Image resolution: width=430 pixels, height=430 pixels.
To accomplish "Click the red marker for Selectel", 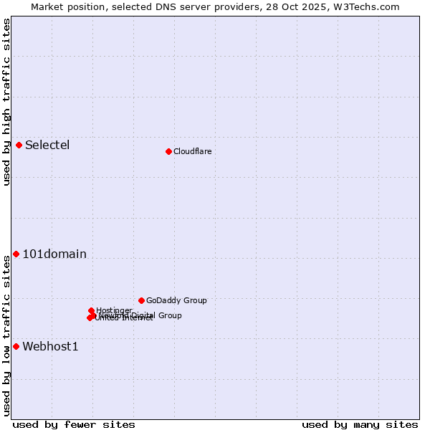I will pyautogui.click(x=19, y=145).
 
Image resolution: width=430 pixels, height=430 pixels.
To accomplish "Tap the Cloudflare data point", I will pyautogui.click(x=168, y=151).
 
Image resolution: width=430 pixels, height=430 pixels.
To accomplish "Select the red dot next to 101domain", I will pyautogui.click(x=16, y=254).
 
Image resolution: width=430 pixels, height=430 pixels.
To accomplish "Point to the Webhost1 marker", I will pyautogui.click(x=16, y=347).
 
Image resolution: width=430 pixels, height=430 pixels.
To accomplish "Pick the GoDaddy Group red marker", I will pyautogui.click(x=141, y=300).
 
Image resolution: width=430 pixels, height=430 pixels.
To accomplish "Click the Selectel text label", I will pyautogui.click(x=47, y=145).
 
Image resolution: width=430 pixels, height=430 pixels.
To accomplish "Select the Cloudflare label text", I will pyautogui.click(x=192, y=151).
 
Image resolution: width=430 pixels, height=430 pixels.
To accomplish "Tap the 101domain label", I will pyautogui.click(x=54, y=254).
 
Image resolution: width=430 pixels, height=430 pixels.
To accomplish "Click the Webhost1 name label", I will pyautogui.click(x=50, y=347).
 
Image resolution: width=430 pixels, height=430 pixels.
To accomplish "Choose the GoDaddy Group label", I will pyautogui.click(x=176, y=301).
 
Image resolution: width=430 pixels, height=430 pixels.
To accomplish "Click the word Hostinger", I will pyautogui.click(x=114, y=310).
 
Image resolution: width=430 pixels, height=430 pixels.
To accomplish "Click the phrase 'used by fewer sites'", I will pyautogui.click(x=74, y=424).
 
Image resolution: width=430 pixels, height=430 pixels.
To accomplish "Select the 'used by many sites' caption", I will pyautogui.click(x=360, y=424).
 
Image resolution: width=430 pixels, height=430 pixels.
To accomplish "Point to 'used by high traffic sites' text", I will pyautogui.click(x=7, y=102).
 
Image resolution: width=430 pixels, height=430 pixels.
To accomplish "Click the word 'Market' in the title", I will pyautogui.click(x=47, y=6).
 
